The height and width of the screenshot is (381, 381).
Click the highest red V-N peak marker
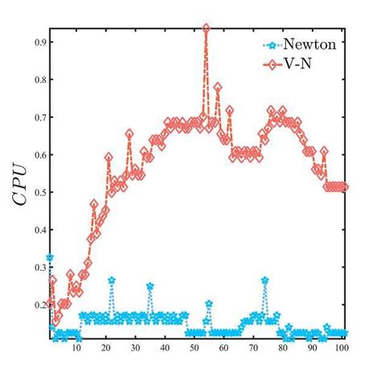[207, 28]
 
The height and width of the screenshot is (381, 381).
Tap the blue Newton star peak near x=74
[265, 280]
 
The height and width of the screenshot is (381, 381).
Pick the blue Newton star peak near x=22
[112, 280]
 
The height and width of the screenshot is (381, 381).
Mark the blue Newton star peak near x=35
[150, 286]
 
